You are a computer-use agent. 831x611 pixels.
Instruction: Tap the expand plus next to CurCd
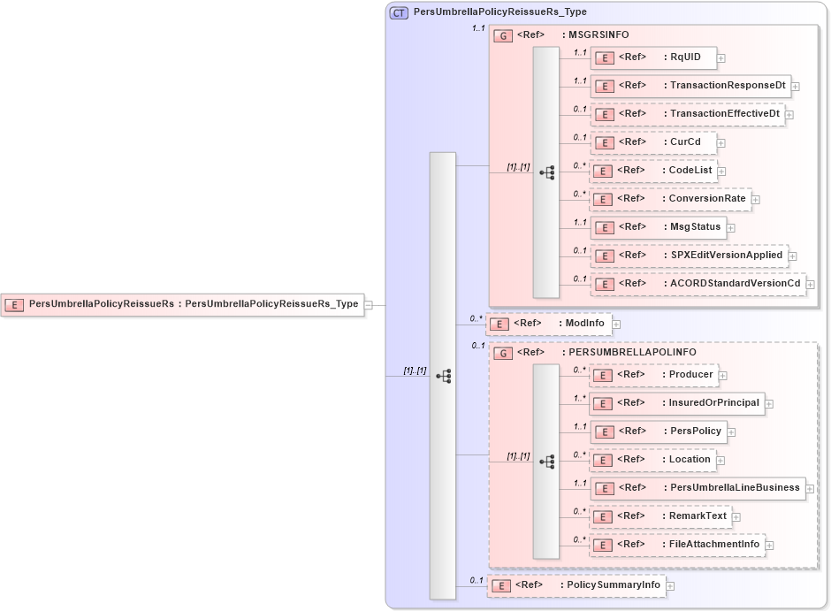click(721, 142)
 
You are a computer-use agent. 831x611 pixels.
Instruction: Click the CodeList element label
click(690, 170)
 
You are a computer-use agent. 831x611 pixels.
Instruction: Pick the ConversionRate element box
click(670, 199)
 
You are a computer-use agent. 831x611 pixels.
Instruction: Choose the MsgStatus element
click(658, 227)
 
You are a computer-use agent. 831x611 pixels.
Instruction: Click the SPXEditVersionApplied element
click(689, 256)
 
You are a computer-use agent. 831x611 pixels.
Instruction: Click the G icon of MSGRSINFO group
click(502, 35)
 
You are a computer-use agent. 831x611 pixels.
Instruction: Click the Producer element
click(652, 375)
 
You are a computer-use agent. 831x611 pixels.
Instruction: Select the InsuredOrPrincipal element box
click(676, 403)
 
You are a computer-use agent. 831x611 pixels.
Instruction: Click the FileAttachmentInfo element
click(676, 545)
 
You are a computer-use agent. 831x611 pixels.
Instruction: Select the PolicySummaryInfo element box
click(576, 585)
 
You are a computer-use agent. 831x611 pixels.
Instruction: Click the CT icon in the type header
click(399, 12)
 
